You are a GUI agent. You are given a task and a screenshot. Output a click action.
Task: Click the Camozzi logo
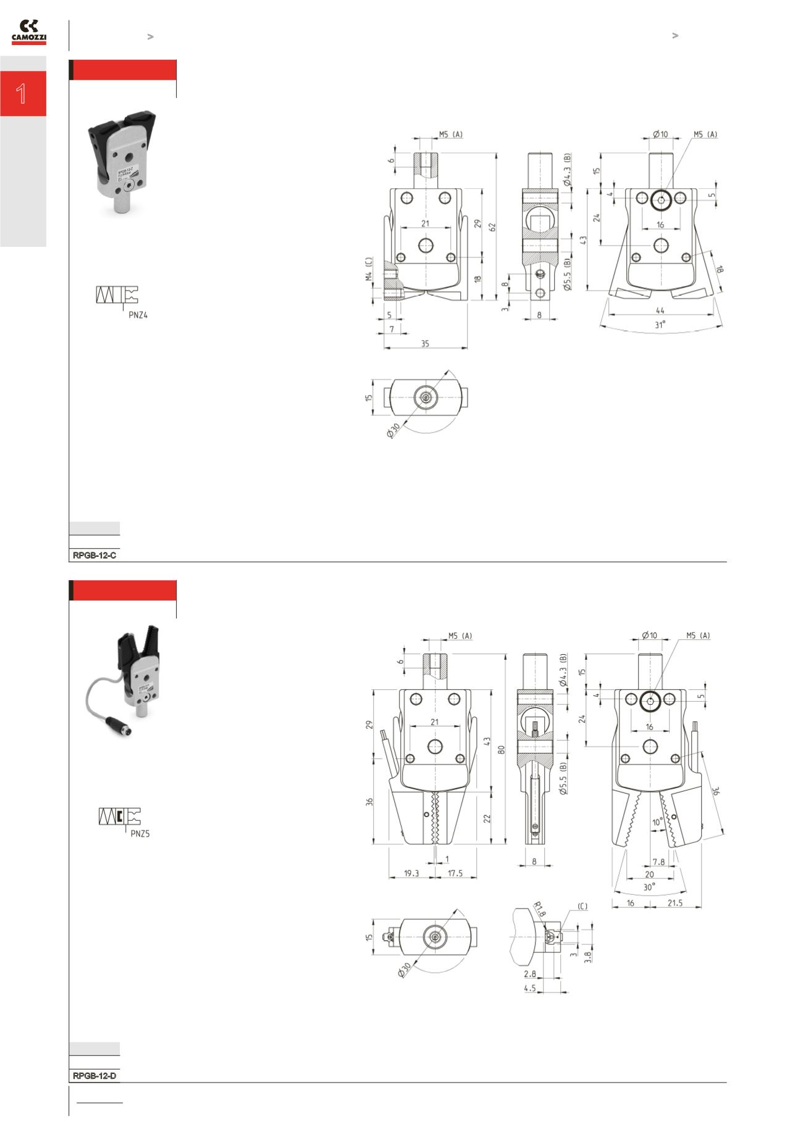tap(29, 32)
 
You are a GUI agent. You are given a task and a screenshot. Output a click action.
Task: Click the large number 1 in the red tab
tap(22, 94)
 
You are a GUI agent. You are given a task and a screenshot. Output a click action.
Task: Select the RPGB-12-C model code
tap(95, 555)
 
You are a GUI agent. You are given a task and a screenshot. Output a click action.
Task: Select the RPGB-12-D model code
tap(95, 1076)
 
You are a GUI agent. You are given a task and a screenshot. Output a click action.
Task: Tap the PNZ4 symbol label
tap(138, 315)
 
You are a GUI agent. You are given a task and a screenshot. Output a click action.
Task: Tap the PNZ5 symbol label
tap(140, 834)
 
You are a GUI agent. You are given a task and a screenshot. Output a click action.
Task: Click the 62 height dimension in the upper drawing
tap(492, 227)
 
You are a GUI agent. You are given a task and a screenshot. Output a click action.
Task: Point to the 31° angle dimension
tap(660, 325)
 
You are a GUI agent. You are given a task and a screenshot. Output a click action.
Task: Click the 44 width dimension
tap(660, 310)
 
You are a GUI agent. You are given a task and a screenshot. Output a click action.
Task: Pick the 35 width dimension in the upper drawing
tap(425, 344)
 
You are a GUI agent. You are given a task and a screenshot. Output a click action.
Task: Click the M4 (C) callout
tap(368, 270)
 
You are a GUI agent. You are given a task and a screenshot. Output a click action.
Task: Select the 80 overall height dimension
tap(502, 749)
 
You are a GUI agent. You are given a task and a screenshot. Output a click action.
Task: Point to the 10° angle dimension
tap(657, 823)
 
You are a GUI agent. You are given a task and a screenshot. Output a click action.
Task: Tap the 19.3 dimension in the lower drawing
tap(411, 873)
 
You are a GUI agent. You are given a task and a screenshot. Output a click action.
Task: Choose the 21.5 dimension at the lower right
tap(675, 902)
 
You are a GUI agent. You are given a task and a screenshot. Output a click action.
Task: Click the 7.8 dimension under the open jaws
tap(658, 862)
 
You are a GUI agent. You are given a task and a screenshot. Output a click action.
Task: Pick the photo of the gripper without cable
tap(122, 162)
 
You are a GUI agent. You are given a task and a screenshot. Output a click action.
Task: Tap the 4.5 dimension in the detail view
tap(530, 988)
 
